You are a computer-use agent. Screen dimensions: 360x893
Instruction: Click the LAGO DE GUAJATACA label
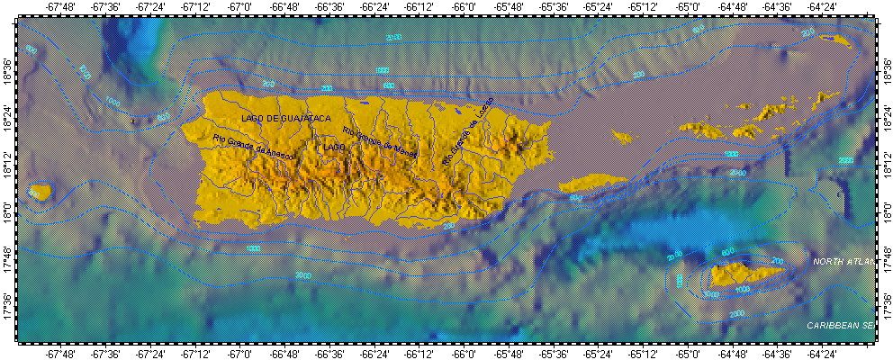pyautogui.click(x=285, y=119)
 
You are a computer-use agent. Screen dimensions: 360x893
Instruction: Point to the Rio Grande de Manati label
pyautogui.click(x=381, y=143)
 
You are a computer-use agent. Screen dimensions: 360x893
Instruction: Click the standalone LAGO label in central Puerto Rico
pyautogui.click(x=334, y=147)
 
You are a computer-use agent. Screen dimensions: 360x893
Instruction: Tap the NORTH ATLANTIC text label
pyautogui.click(x=843, y=262)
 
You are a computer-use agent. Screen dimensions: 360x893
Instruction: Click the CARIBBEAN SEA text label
pyautogui.click(x=840, y=324)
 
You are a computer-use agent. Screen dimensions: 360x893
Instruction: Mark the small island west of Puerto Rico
pyautogui.click(x=39, y=192)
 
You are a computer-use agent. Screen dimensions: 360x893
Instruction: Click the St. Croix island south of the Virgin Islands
pyautogui.click(x=746, y=274)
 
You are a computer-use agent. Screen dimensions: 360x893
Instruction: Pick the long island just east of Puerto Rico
pyautogui.click(x=592, y=184)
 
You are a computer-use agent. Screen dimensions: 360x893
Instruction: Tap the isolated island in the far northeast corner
pyautogui.click(x=835, y=40)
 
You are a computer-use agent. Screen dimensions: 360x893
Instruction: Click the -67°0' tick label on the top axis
pyautogui.click(x=239, y=7)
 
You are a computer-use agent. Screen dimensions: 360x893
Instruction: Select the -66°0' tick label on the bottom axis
pyautogui.click(x=464, y=354)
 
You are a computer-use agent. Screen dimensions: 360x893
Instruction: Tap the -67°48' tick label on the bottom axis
pyautogui.click(x=59, y=354)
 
